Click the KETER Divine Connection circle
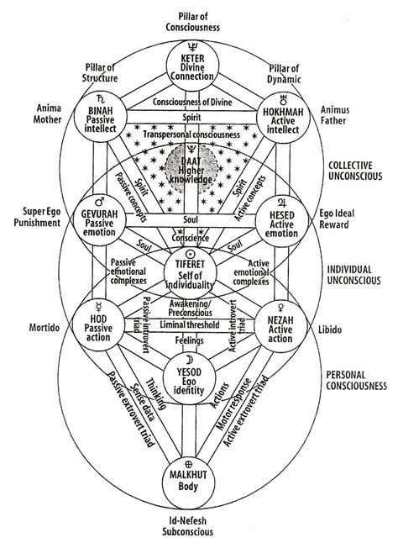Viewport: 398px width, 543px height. (x=200, y=69)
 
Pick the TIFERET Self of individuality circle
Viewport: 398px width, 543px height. (x=200, y=271)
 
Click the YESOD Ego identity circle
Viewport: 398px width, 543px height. (x=200, y=383)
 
